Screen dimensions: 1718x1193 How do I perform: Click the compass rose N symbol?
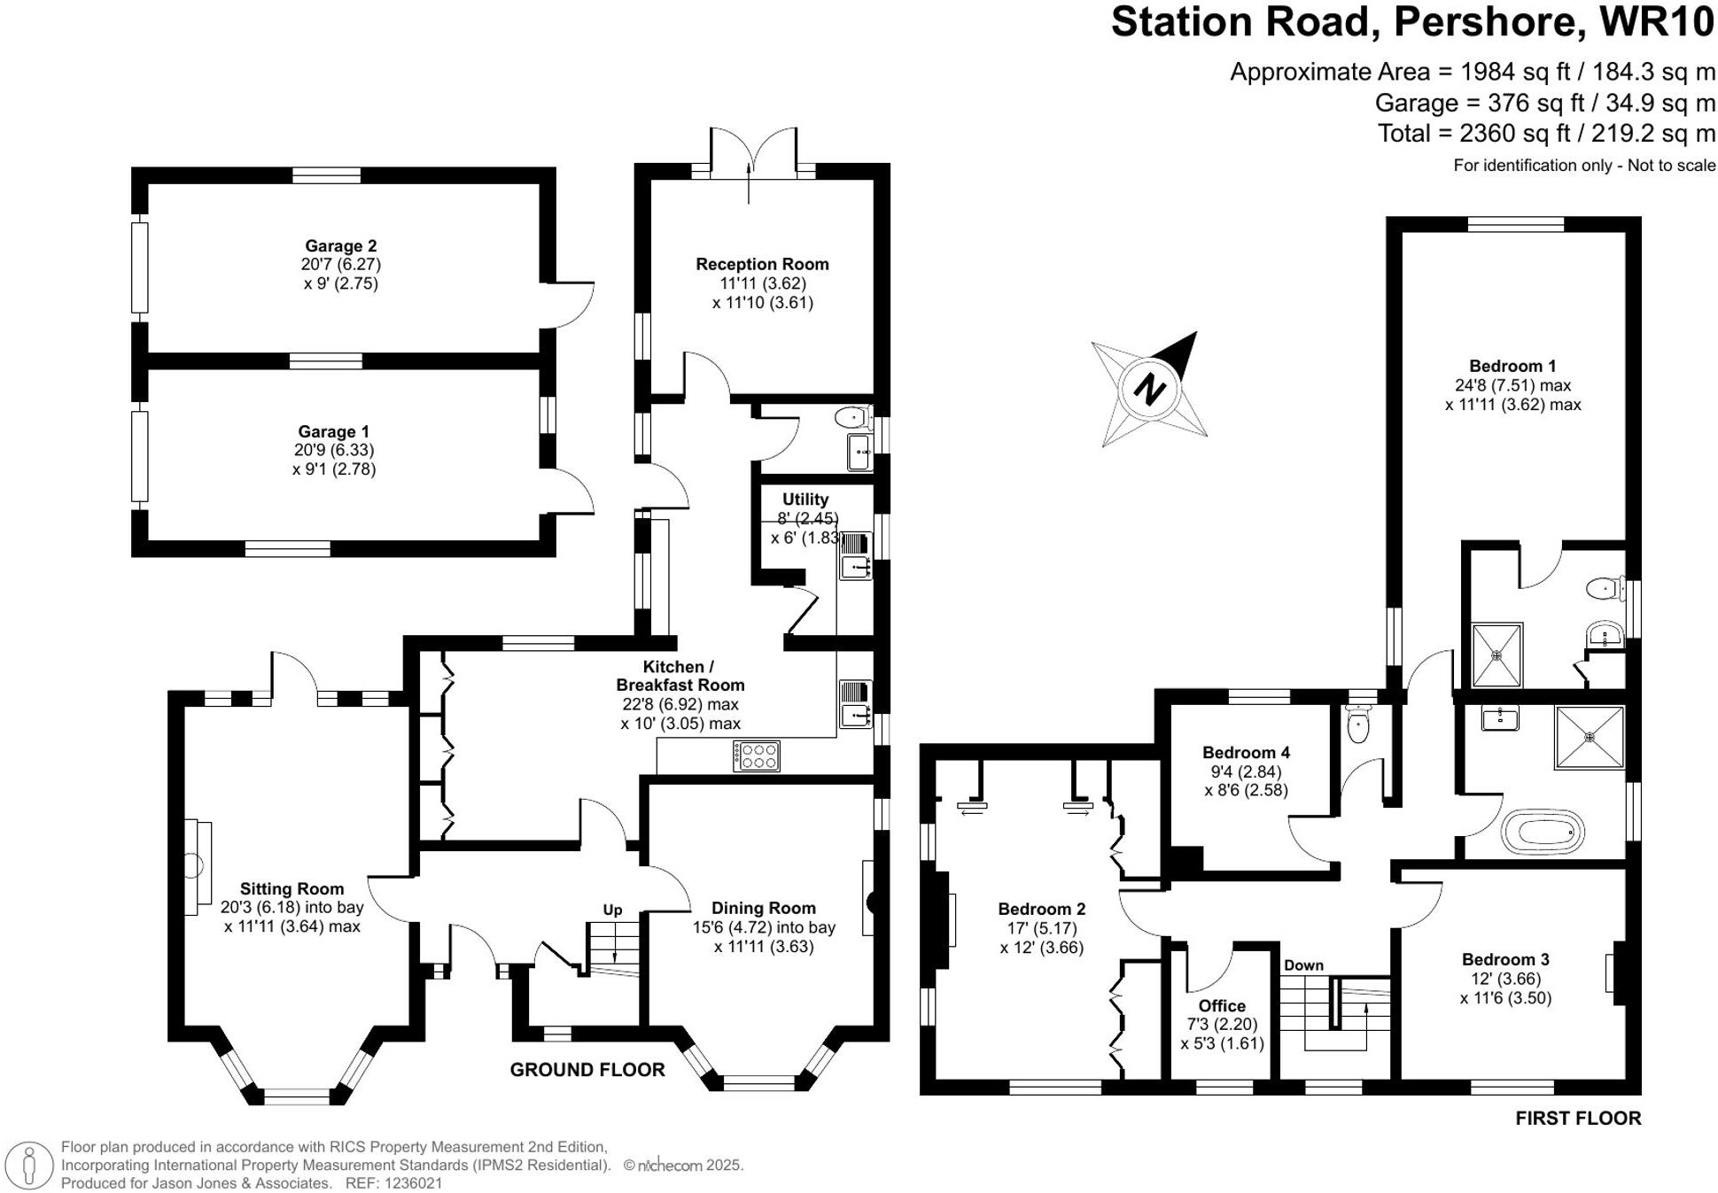[1149, 389]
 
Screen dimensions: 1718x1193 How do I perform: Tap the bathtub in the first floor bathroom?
[1543, 832]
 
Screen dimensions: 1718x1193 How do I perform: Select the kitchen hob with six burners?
[757, 755]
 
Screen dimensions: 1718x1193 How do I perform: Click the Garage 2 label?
[340, 245]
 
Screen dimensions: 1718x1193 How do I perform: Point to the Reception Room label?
[762, 264]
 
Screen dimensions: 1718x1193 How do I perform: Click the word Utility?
[805, 500]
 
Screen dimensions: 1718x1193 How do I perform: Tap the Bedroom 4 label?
[1246, 752]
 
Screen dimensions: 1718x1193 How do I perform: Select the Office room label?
[1222, 1005]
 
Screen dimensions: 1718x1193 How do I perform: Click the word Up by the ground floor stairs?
[612, 910]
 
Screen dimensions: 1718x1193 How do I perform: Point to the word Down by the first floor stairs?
[1303, 964]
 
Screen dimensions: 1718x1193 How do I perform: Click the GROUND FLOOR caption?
[587, 1070]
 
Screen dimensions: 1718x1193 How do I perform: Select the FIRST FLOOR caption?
[1578, 1118]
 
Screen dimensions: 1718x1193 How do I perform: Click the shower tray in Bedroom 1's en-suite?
[1496, 655]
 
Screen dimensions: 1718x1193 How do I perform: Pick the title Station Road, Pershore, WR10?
[1412, 21]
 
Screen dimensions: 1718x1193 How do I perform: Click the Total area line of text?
[1546, 134]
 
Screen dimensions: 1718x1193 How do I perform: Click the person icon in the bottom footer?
[29, 1165]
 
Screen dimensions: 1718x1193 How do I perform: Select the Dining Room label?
[763, 908]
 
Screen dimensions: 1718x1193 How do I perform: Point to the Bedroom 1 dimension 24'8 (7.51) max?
[1512, 385]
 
